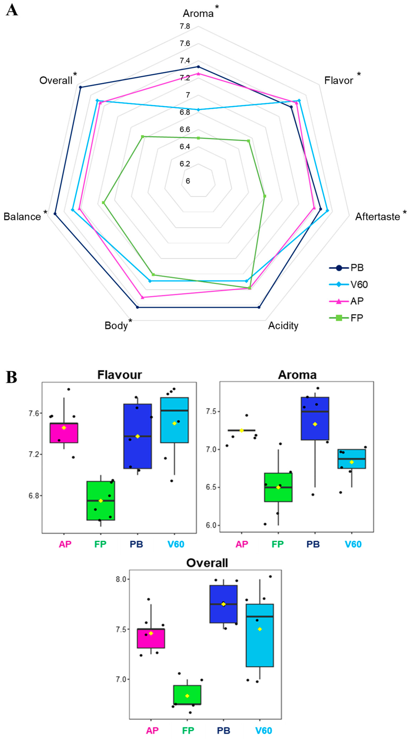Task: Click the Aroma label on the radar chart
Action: (x=198, y=13)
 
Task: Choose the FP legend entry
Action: (x=356, y=318)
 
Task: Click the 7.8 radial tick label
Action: (x=185, y=26)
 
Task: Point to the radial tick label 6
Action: (x=188, y=181)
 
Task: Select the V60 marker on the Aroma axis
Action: (x=198, y=110)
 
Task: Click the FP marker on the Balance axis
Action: (x=103, y=203)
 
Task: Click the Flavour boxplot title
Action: (x=120, y=375)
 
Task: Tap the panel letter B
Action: (x=12, y=377)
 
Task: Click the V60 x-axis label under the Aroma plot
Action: (x=353, y=544)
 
